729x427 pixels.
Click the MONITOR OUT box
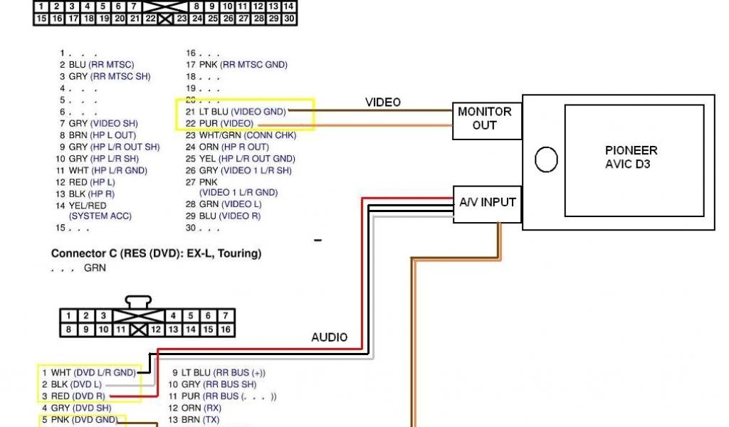point(484,118)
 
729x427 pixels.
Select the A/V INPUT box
point(487,202)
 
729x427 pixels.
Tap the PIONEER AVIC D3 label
point(631,157)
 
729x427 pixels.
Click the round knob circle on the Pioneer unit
point(546,159)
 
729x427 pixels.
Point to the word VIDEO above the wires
point(383,102)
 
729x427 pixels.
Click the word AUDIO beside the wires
point(330,337)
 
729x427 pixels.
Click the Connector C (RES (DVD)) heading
point(156,253)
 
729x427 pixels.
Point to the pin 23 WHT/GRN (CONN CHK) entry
point(236,135)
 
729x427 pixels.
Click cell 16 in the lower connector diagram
point(225,330)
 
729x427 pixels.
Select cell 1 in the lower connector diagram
point(68,315)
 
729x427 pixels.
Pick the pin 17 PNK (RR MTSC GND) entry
point(236,65)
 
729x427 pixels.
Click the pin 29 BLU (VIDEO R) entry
point(222,216)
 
